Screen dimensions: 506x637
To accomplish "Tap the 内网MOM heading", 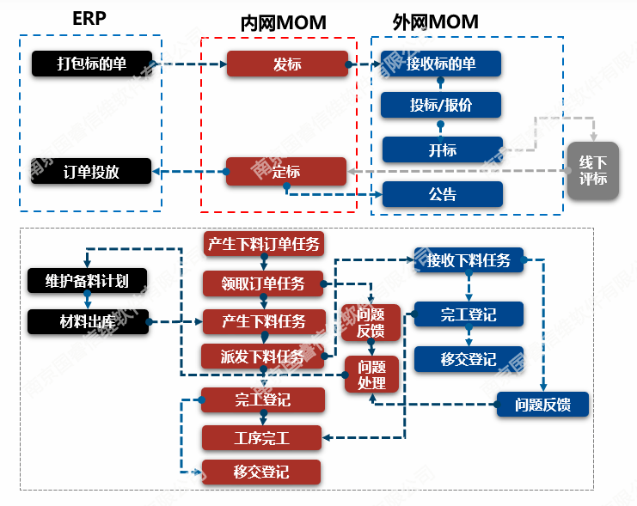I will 283,23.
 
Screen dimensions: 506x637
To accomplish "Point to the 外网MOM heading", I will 435,21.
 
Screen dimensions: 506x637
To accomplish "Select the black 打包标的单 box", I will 91,63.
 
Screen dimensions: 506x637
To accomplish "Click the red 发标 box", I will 287,64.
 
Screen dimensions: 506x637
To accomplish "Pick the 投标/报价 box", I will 441,105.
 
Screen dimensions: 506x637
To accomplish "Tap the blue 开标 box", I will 442,149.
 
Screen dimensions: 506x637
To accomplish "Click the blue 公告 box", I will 442,194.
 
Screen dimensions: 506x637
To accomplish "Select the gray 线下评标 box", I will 593,171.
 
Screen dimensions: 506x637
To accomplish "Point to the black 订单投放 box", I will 91,171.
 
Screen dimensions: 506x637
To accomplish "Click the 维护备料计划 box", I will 87,279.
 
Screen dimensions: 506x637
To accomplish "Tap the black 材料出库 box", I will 87,322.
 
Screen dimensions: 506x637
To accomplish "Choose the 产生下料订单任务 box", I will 264,244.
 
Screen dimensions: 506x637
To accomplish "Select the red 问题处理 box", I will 371,375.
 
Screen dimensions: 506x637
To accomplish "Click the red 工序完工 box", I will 262,438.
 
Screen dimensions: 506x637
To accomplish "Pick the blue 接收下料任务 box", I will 469,259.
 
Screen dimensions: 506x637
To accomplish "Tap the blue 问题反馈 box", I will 544,405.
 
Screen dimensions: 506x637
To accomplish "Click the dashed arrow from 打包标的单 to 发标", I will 189,64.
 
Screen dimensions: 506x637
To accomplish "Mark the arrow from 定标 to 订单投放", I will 189,172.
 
